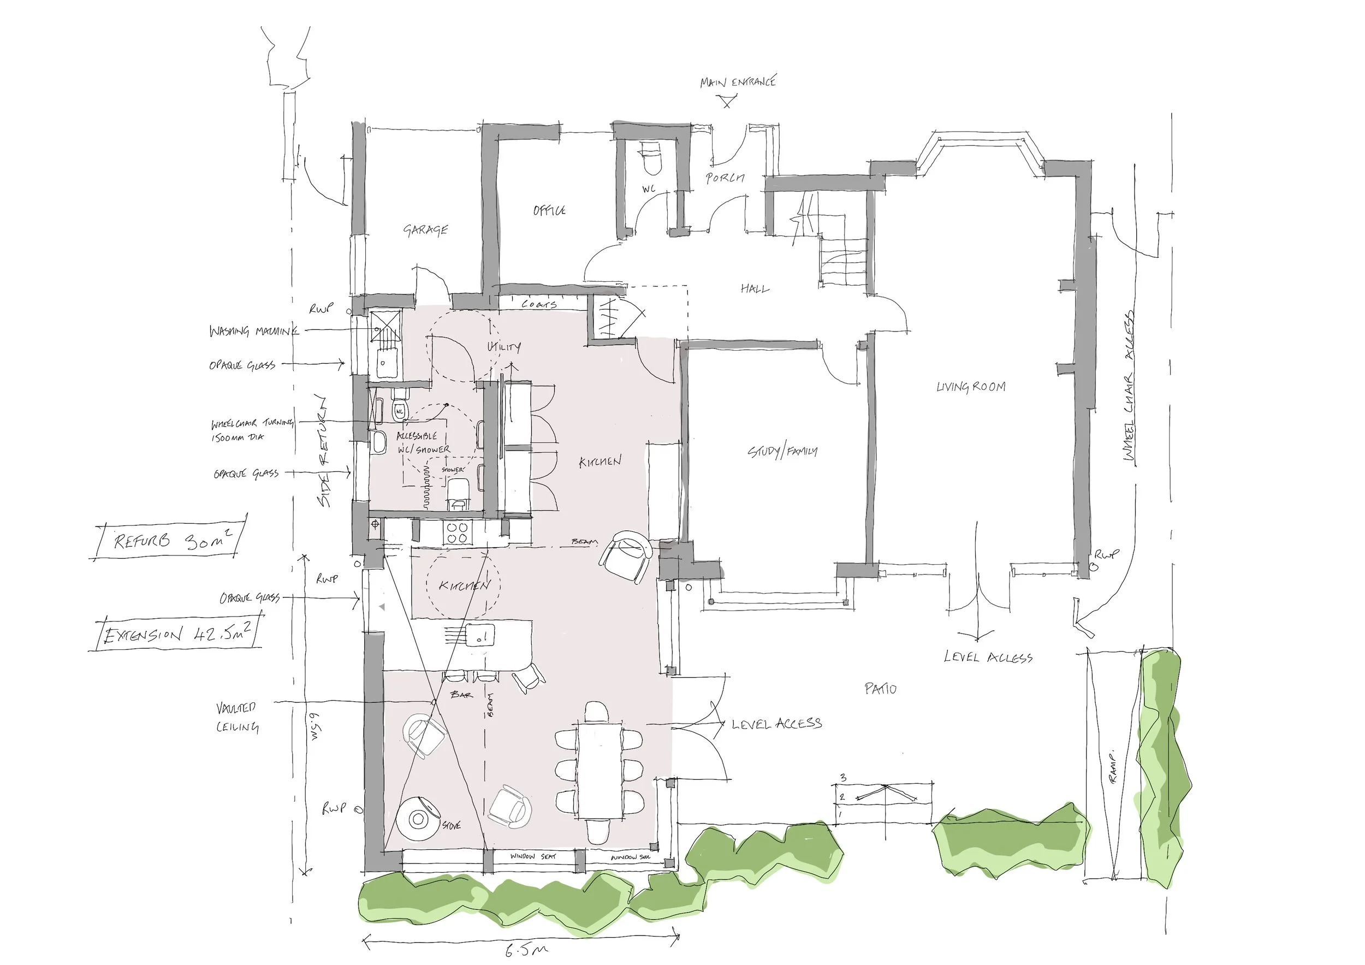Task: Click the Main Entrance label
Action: click(738, 82)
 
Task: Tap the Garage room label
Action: click(426, 229)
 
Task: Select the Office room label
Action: click(549, 210)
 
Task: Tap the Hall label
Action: click(755, 288)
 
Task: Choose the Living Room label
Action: click(971, 387)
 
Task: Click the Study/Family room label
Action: click(782, 451)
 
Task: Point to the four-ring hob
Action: click(456, 532)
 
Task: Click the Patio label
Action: click(881, 689)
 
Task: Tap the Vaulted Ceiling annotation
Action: click(237, 717)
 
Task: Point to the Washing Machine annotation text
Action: click(253, 330)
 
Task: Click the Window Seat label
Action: click(533, 856)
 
